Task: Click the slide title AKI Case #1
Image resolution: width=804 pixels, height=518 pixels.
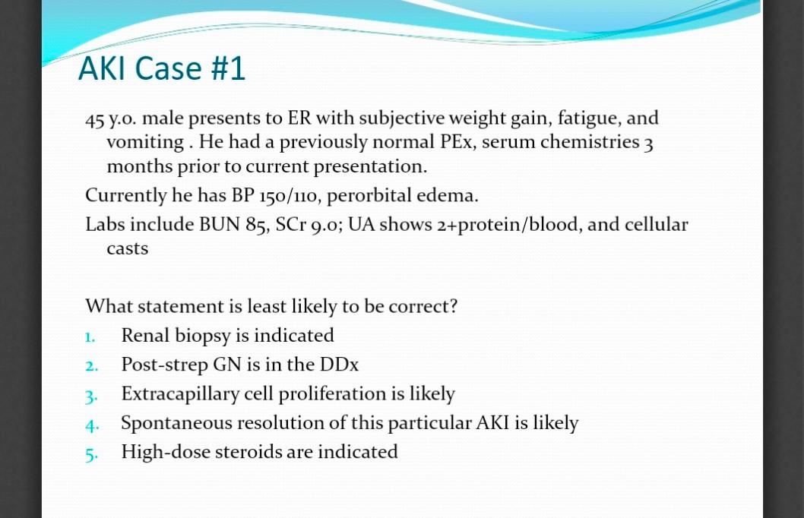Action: click(162, 68)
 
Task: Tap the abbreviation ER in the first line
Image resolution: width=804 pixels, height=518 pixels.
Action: click(299, 118)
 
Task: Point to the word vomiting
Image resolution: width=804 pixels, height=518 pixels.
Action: click(146, 143)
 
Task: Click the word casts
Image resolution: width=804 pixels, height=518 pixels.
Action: click(127, 249)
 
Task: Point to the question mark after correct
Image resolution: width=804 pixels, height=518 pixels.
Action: click(453, 305)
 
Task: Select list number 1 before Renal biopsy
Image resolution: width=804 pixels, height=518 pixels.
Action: click(90, 337)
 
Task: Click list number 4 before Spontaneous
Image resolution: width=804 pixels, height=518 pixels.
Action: click(92, 425)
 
